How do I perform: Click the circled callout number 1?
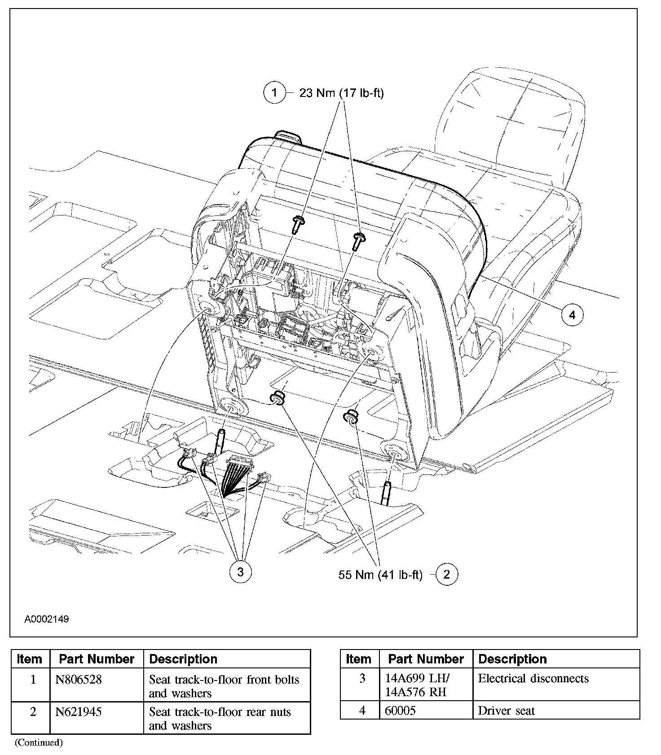tap(274, 93)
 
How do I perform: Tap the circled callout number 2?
tap(446, 574)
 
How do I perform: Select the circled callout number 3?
tap(240, 572)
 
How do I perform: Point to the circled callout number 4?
tap(572, 315)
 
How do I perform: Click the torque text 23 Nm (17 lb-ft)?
tap(341, 93)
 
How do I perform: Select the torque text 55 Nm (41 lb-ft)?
tap(380, 575)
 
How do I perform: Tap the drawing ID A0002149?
tap(47, 619)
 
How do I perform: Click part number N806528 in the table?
tap(79, 680)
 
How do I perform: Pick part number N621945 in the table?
tap(79, 712)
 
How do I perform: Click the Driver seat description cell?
tap(506, 711)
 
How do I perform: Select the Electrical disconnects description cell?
tap(533, 678)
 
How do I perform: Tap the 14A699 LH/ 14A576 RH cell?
tap(417, 685)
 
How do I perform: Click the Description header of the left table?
tap(183, 659)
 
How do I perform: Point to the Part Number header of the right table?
tap(426, 659)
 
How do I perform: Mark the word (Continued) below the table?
tap(39, 742)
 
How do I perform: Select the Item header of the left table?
tap(30, 659)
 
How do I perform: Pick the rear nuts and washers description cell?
tap(220, 718)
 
